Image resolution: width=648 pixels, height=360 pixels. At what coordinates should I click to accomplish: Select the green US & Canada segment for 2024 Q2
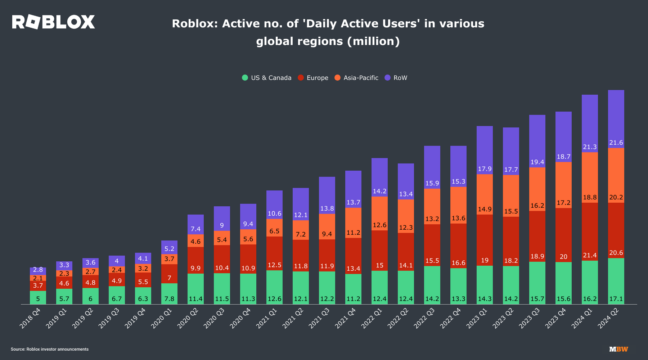tap(616, 281)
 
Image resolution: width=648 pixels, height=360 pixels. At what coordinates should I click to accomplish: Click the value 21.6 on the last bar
tap(616, 142)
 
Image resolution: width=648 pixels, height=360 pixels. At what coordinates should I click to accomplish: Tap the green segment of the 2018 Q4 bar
tap(38, 298)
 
